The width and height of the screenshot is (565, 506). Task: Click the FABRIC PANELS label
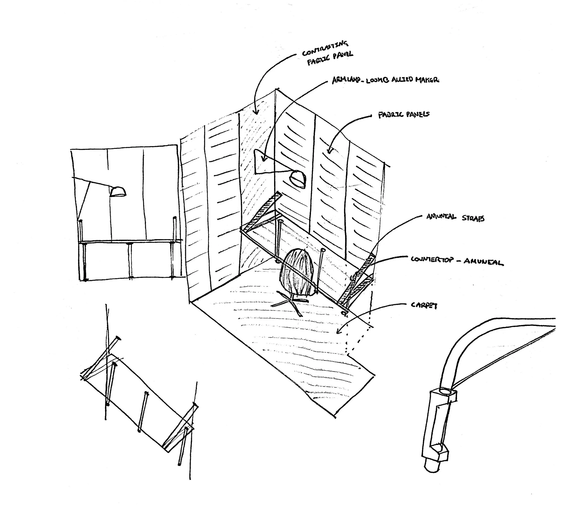pyautogui.click(x=404, y=114)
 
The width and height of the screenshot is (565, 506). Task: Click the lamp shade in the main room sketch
pyautogui.click(x=297, y=178)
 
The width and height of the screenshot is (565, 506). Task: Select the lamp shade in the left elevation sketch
pyautogui.click(x=118, y=192)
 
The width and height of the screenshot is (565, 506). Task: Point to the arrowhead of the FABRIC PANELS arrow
pyautogui.click(x=330, y=151)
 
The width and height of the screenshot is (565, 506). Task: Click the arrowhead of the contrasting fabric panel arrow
pyautogui.click(x=256, y=112)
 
